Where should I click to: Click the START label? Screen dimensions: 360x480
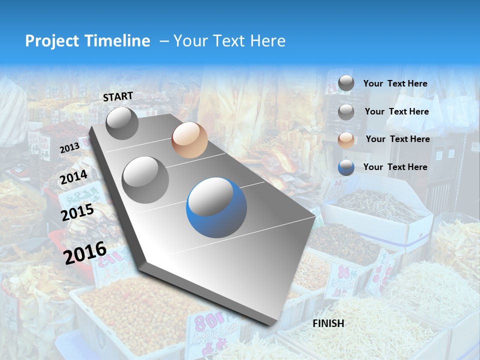click(118, 96)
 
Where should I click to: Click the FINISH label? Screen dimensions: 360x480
click(328, 323)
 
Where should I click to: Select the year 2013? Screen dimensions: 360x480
click(69, 147)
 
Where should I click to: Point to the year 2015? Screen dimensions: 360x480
click(77, 212)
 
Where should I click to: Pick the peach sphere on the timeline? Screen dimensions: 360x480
click(189, 140)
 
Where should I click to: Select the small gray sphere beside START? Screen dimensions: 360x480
click(122, 123)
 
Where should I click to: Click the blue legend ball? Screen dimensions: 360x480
click(346, 167)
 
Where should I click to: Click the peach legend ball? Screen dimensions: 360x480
click(346, 139)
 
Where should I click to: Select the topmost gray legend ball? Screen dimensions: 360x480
click(346, 83)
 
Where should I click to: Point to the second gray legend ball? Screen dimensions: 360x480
click(346, 111)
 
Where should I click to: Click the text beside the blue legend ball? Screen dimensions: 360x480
click(395, 167)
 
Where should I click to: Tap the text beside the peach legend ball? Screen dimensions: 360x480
click(397, 139)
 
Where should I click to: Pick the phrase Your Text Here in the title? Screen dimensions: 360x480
click(229, 41)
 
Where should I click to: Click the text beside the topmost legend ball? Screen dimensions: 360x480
click(395, 83)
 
